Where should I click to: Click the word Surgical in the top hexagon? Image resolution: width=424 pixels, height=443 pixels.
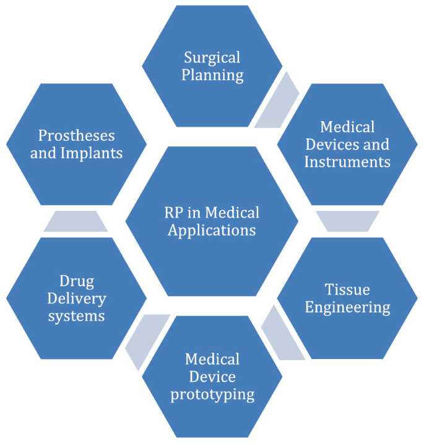tap(212, 58)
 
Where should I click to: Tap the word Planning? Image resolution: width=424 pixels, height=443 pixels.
tap(212, 76)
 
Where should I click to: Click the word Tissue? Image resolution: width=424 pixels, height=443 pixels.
tap(348, 289)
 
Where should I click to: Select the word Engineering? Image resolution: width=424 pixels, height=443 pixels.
tap(348, 307)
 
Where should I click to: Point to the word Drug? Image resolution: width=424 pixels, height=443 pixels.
tap(77, 282)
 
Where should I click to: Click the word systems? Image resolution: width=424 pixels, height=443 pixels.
tap(77, 316)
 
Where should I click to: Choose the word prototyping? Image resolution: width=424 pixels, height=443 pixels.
tap(212, 394)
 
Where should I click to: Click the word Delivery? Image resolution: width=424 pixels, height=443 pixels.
tap(77, 299)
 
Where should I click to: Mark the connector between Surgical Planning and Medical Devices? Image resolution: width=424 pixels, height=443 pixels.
tap(276, 101)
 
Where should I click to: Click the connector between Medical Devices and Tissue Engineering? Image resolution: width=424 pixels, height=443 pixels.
tap(347, 221)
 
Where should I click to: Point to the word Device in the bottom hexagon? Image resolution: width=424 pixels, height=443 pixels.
tap(212, 376)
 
